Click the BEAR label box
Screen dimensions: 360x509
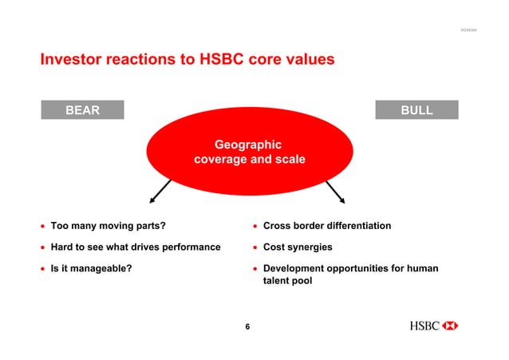tap(82, 110)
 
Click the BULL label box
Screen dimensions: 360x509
tap(416, 110)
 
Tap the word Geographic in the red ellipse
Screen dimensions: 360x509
tap(248, 144)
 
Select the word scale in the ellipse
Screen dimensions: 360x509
tap(290, 160)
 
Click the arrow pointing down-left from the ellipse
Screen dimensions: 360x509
tap(160, 193)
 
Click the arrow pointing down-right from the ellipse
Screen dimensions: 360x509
tap(334, 192)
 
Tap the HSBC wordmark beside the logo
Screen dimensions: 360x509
tap(424, 326)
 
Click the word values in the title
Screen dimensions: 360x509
tap(306, 60)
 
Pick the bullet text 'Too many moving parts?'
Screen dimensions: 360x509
tap(109, 226)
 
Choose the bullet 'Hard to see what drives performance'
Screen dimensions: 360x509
tap(136, 247)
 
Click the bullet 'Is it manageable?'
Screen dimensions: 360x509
tap(92, 268)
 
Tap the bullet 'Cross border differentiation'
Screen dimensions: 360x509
tap(327, 226)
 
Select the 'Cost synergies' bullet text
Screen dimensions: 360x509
tap(298, 247)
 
